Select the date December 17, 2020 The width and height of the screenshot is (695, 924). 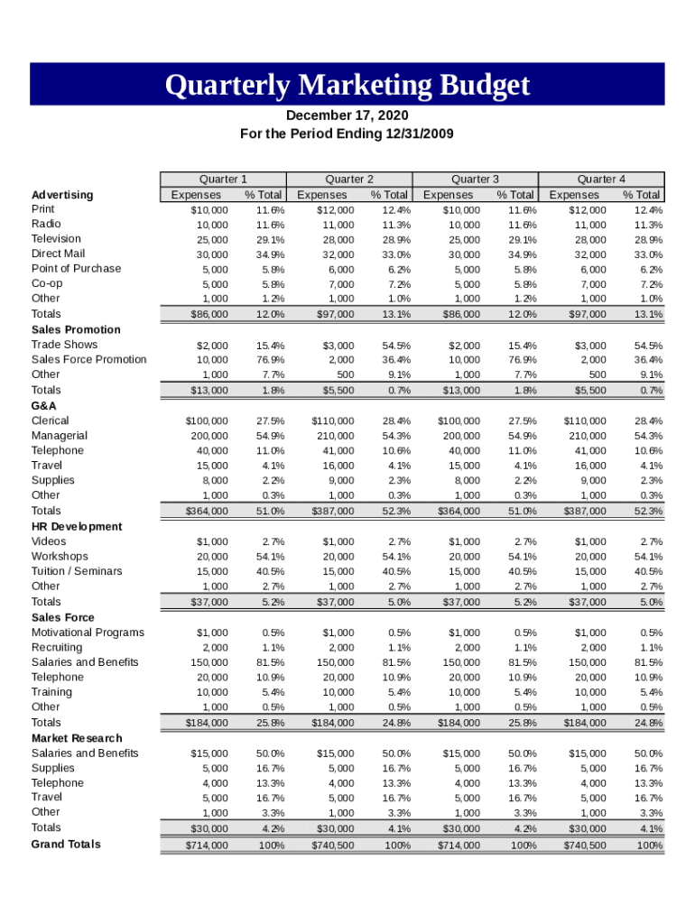347,116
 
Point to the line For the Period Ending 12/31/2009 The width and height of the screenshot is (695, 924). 347,134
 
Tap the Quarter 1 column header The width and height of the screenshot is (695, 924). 223,179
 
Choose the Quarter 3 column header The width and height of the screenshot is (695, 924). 475,179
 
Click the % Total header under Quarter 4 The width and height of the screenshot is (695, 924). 641,195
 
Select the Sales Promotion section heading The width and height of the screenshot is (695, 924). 76,329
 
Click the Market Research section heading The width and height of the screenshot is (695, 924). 77,738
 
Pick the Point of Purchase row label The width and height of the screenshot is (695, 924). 76,269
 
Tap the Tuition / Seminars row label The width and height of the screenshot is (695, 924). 77,571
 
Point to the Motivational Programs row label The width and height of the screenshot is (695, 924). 88,633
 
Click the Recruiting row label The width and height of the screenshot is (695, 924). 57,647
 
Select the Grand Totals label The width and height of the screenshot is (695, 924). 66,845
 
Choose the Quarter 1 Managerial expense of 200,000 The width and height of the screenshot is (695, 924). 208,436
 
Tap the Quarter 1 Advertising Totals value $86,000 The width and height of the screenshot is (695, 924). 208,314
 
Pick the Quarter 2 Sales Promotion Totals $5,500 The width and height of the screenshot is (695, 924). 337,391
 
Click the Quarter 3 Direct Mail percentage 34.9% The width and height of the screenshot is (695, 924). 522,254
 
